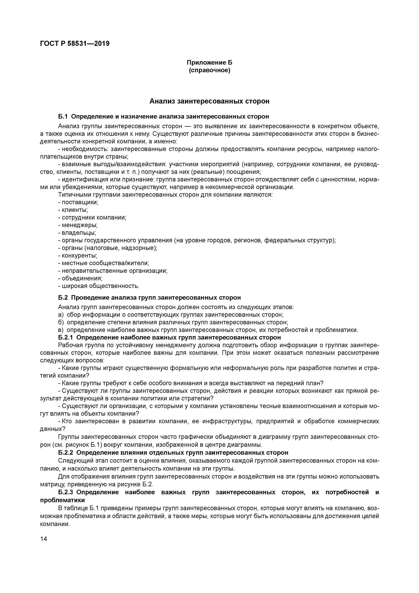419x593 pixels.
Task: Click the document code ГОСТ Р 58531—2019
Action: coord(75,44)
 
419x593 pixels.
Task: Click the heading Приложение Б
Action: coord(209,63)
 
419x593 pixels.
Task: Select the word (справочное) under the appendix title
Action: coord(209,70)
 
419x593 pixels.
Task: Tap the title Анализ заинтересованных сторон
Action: coord(209,101)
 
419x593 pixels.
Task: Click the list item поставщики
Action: coord(80,202)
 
